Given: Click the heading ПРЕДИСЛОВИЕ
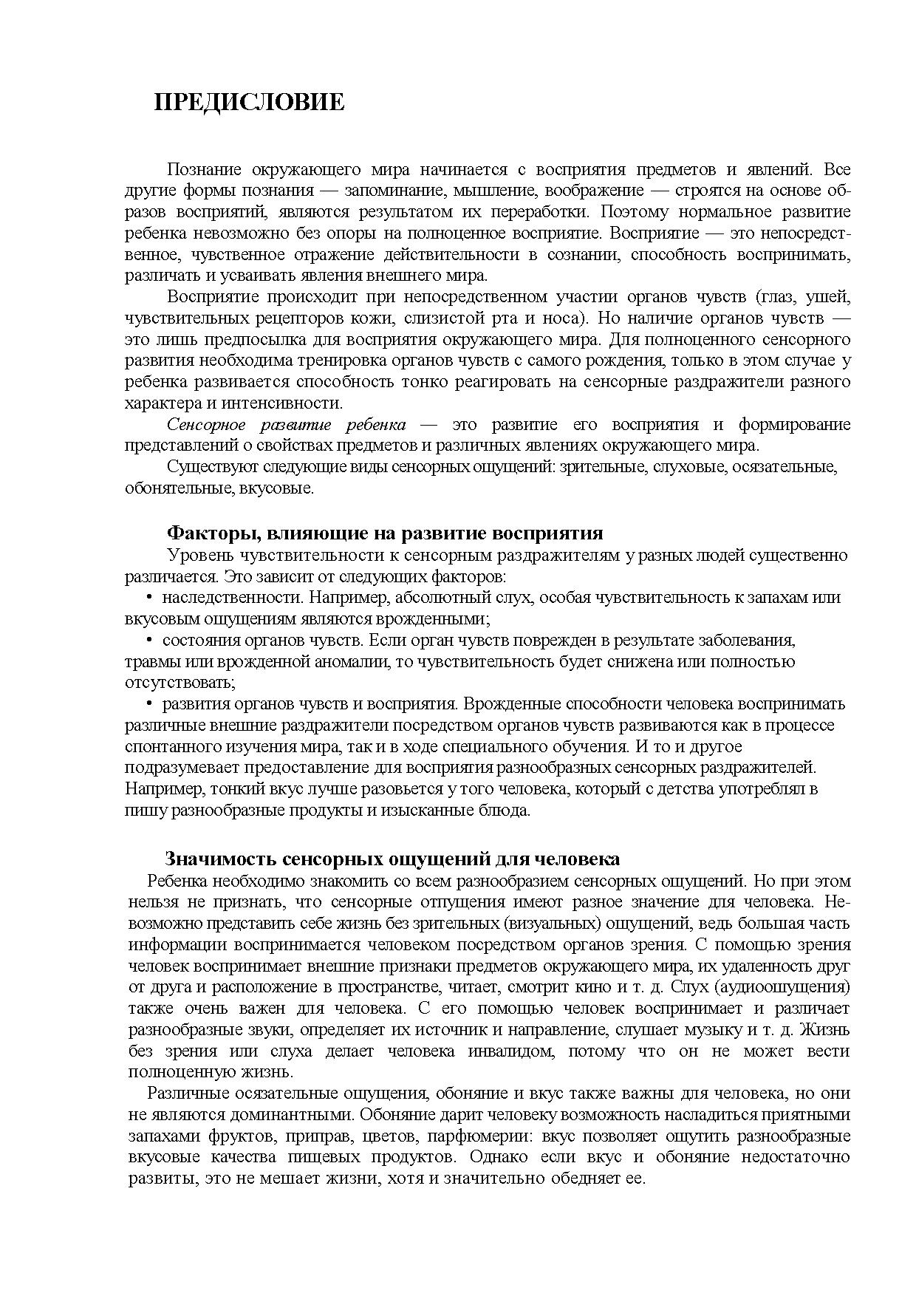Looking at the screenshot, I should (249, 102).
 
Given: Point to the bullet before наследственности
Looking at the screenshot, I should (149, 598).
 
